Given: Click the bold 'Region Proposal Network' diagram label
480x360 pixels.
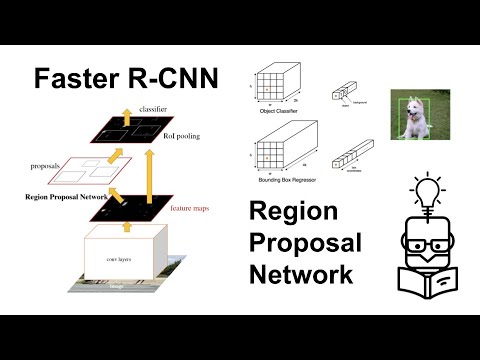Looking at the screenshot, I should pos(63,197).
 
